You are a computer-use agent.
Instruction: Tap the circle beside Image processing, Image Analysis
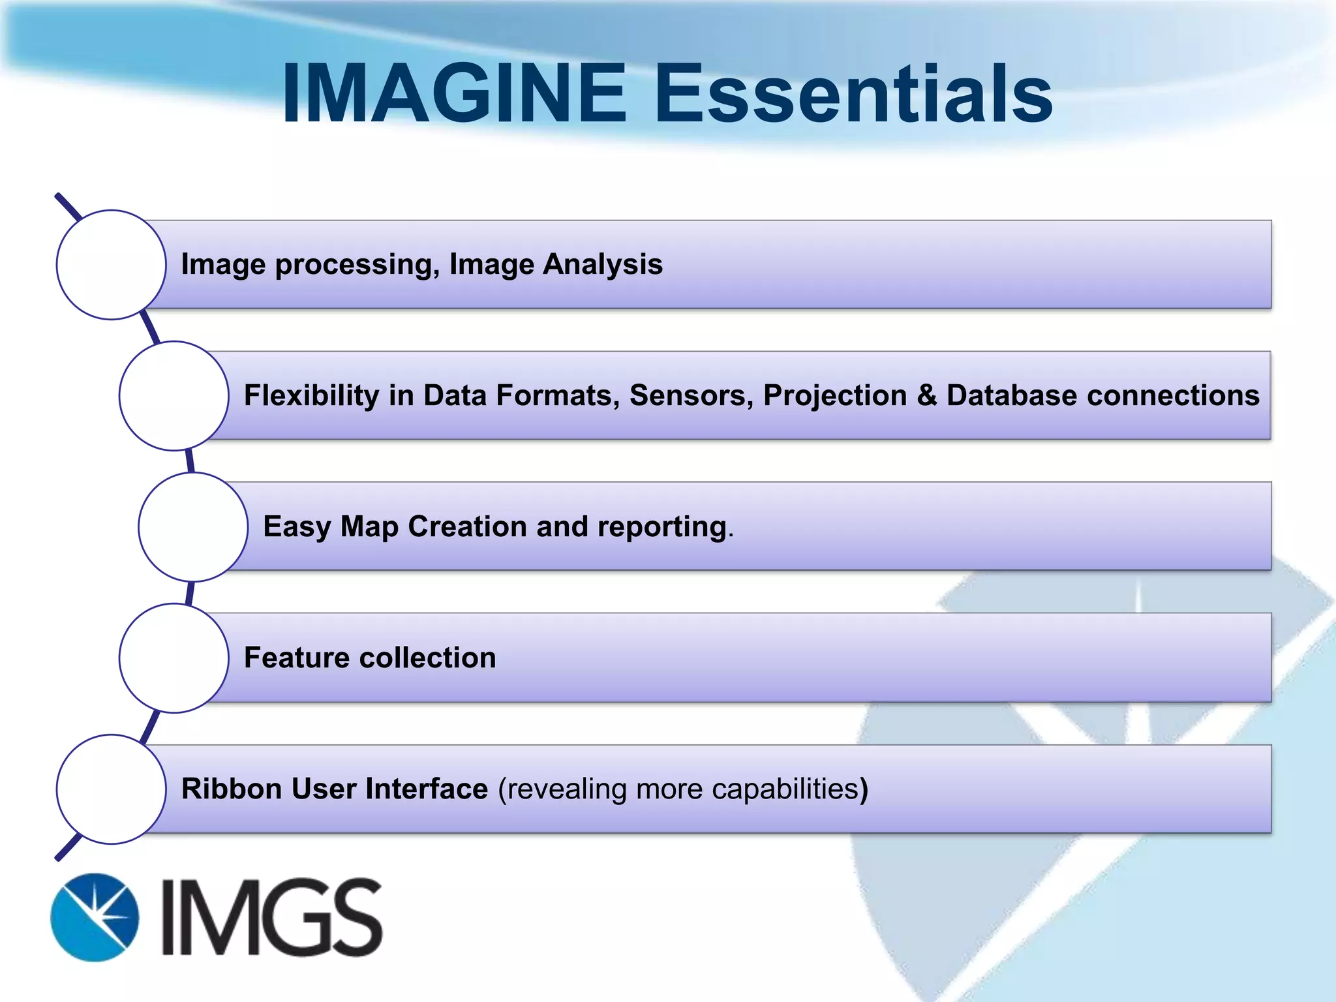coord(112,264)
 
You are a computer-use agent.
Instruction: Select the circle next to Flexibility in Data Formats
coord(174,395)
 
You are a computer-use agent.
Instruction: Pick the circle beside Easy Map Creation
coord(193,526)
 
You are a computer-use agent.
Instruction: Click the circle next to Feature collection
coord(174,658)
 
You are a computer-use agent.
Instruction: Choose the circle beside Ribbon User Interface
coord(112,789)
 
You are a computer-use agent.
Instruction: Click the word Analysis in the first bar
coord(603,265)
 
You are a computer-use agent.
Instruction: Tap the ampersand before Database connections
coord(926,395)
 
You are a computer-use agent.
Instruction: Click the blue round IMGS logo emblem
coord(95,917)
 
